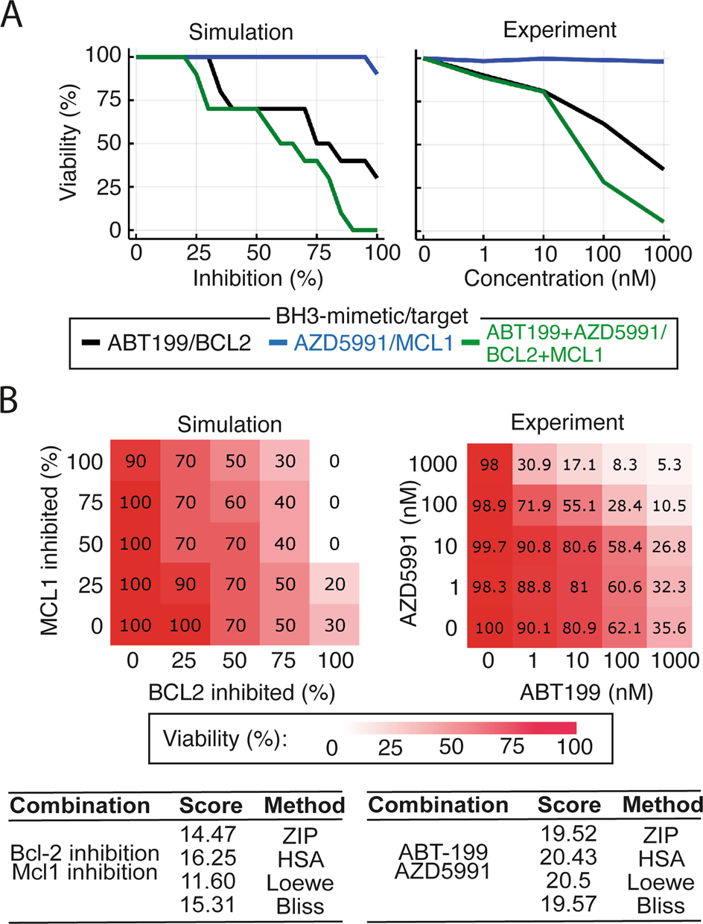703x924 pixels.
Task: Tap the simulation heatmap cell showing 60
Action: (235, 502)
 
